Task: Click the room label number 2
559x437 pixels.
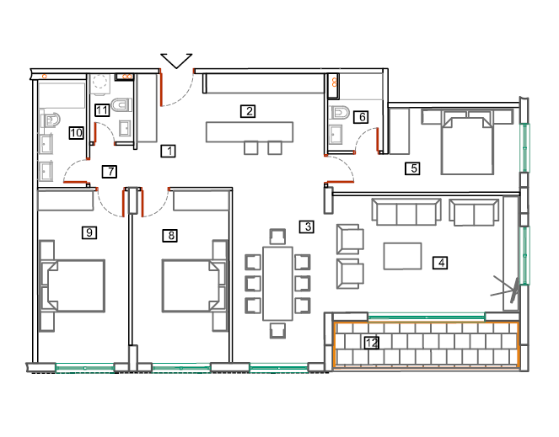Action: click(248, 111)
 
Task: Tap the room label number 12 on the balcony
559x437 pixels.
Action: click(372, 343)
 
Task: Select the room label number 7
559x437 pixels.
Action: click(110, 172)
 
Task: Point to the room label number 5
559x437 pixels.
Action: click(412, 168)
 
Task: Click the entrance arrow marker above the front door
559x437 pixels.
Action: click(176, 61)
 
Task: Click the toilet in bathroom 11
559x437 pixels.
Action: click(121, 105)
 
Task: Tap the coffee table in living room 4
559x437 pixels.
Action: click(402, 256)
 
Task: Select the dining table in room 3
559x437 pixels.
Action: click(277, 284)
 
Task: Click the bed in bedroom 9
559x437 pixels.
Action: click(73, 286)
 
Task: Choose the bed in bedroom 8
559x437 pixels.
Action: click(194, 286)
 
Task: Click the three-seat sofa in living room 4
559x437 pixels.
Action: click(406, 212)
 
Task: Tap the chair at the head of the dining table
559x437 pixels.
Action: click(277, 236)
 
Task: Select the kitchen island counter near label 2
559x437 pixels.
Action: click(250, 132)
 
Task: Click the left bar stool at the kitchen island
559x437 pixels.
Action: click(251, 148)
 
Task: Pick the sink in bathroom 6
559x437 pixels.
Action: click(336, 135)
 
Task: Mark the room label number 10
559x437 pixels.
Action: click(76, 133)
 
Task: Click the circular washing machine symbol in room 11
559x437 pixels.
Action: click(99, 82)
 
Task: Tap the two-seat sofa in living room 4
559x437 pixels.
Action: click(474, 212)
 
